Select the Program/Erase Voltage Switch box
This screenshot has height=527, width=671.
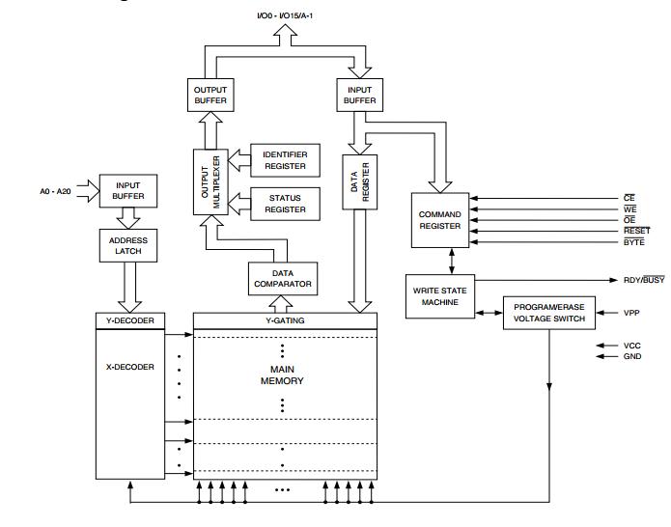pos(548,313)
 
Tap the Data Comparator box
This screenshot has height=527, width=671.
pos(282,279)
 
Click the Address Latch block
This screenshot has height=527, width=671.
pos(127,245)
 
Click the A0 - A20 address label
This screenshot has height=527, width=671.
pos(48,191)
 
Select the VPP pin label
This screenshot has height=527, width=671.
pos(632,313)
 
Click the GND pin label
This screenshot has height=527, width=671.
pos(632,355)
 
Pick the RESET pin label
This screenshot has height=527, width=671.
pos(636,230)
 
